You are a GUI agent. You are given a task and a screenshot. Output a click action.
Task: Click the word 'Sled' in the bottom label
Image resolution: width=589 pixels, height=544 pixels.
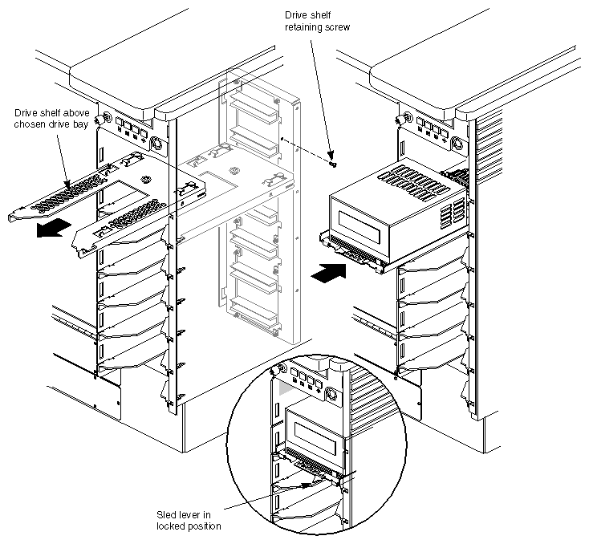click(x=167, y=514)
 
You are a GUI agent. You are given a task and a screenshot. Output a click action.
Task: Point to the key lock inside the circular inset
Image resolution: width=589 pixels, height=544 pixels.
click(x=278, y=370)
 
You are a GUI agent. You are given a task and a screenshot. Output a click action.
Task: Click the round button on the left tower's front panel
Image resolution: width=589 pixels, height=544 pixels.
click(x=156, y=146)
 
